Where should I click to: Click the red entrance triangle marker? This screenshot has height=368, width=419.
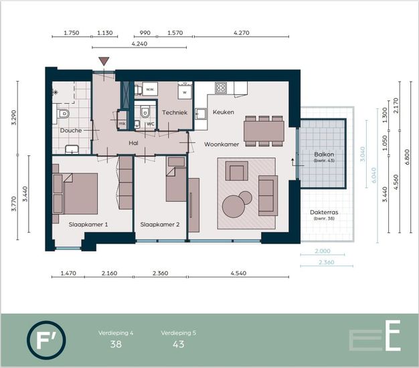104,61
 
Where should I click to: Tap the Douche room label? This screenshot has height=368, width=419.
71,130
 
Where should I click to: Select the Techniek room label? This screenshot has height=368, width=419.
175,112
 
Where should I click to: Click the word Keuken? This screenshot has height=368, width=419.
224,112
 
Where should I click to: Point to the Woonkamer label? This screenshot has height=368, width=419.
222,145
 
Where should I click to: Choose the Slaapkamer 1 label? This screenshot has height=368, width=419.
88,225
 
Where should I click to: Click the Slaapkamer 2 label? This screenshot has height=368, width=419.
160,225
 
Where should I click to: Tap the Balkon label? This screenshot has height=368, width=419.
324,155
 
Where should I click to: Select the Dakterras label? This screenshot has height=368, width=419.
324,212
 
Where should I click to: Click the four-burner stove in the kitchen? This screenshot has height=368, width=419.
221,88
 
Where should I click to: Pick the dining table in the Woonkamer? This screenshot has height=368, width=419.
264,131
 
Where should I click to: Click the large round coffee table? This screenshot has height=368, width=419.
234,206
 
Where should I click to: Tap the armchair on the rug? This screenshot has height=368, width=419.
236,171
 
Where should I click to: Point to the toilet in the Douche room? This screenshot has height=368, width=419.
63,114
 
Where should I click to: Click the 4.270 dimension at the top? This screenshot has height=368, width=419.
242,33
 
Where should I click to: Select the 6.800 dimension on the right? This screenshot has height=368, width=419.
407,157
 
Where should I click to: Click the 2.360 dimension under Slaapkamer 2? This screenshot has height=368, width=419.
161,273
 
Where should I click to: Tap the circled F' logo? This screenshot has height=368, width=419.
46,340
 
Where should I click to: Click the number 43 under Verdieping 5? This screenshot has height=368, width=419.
179,344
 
